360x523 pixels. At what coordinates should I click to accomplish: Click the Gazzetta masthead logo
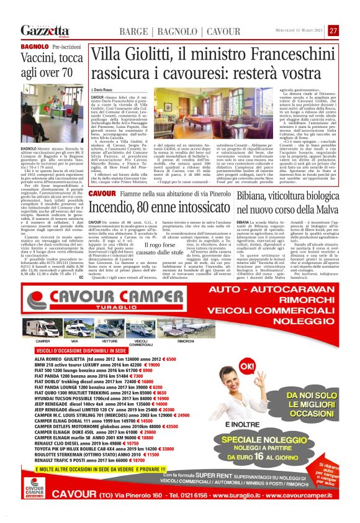point(45,30)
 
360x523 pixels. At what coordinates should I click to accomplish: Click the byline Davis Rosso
point(107,91)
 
